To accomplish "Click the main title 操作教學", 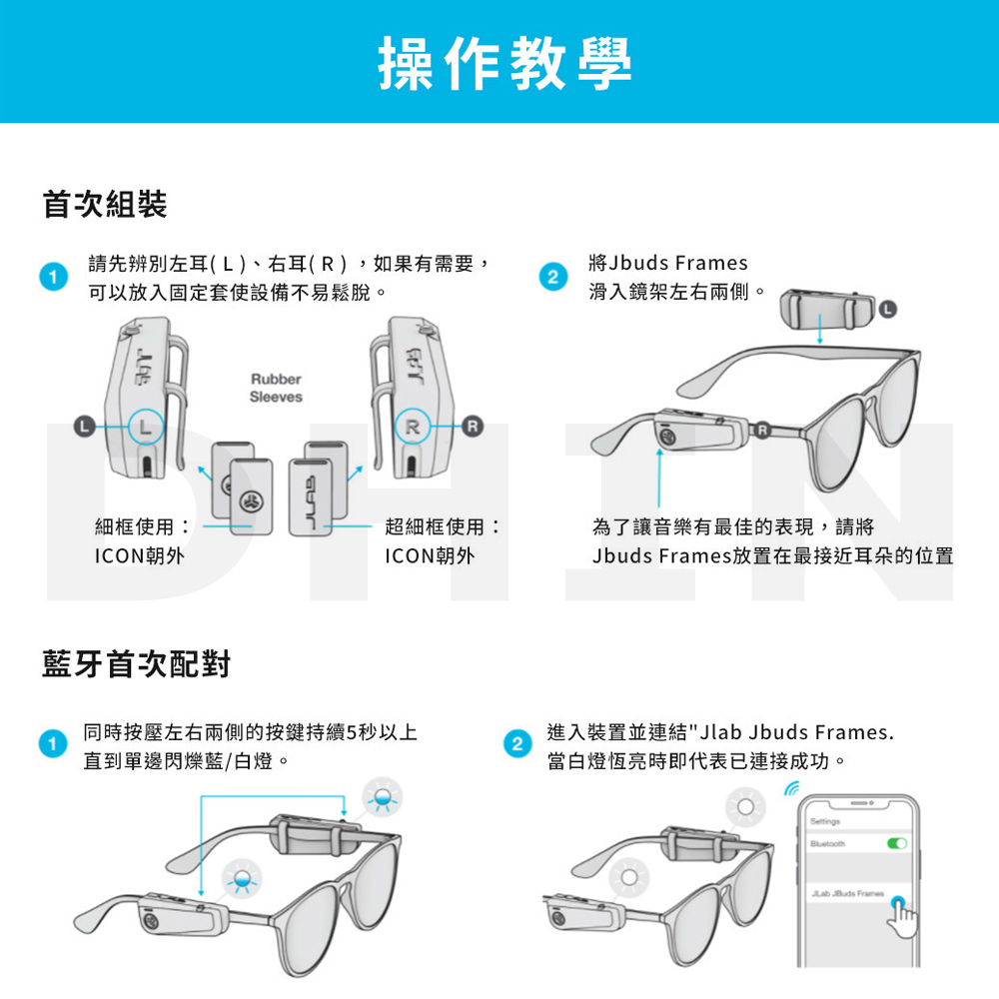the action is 504,62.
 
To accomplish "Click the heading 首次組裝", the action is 105,205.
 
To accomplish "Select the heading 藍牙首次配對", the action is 136,664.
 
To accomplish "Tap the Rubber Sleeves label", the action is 276,388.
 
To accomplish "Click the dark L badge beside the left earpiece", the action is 84,426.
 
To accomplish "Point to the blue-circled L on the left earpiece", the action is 146,427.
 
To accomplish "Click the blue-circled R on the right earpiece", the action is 413,427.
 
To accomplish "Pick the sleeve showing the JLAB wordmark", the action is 311,497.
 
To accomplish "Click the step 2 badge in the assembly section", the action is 553,277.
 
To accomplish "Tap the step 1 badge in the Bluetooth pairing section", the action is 53,743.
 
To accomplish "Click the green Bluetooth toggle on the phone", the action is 897,843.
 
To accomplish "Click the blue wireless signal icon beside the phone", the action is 791,790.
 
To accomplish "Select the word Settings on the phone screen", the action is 825,821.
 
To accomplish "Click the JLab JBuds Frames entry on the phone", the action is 847,893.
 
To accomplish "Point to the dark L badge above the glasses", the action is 887,310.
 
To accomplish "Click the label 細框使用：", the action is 143,526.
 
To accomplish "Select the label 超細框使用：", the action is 443,526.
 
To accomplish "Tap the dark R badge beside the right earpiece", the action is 473,426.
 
